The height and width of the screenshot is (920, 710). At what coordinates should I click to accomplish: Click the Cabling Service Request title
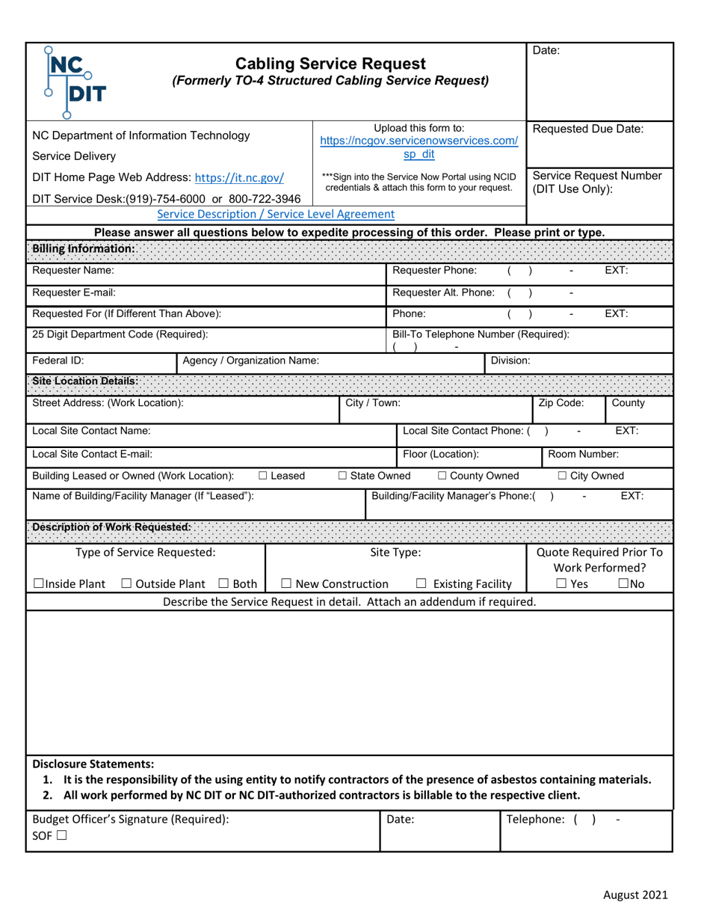pyautogui.click(x=330, y=64)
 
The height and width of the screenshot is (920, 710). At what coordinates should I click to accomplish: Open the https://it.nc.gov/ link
pyautogui.click(x=239, y=178)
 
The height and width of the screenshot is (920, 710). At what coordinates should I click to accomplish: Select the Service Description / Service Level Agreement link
pyautogui.click(x=276, y=214)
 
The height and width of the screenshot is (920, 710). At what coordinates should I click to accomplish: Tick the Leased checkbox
pyautogui.click(x=264, y=476)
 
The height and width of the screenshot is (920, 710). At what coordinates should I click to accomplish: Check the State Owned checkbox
pyautogui.click(x=343, y=476)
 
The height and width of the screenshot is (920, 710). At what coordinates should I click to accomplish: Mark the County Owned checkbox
pyautogui.click(x=442, y=476)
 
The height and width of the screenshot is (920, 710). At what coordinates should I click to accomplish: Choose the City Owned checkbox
pyautogui.click(x=563, y=476)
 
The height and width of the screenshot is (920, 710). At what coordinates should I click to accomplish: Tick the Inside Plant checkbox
pyautogui.click(x=39, y=584)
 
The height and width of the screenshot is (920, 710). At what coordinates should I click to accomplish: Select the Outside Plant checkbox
pyautogui.click(x=126, y=584)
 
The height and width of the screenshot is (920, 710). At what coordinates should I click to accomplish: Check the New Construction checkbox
pyautogui.click(x=286, y=584)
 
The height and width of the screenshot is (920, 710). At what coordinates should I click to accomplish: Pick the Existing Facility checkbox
pyautogui.click(x=422, y=584)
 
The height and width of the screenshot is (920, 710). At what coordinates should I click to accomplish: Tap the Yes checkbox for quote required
pyautogui.click(x=561, y=584)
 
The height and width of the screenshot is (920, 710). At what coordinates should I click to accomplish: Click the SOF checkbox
pyautogui.click(x=61, y=836)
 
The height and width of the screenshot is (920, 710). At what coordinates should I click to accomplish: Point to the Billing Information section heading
pyautogui.click(x=84, y=248)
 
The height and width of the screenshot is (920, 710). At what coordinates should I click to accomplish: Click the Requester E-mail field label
pyautogui.click(x=74, y=292)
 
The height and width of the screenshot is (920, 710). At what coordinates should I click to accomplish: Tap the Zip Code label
pyautogui.click(x=561, y=403)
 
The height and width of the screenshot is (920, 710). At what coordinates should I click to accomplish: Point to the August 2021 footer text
pyautogui.click(x=635, y=895)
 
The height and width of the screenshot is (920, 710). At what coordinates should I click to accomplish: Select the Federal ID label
pyautogui.click(x=58, y=360)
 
